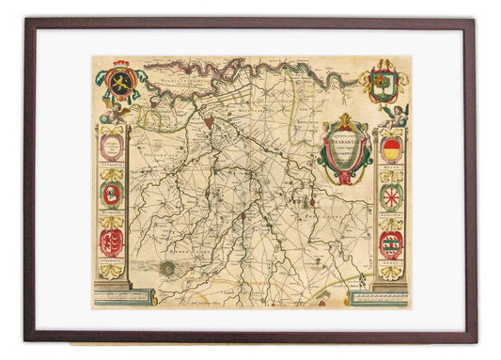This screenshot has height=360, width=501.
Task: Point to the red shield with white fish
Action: pos(111,242)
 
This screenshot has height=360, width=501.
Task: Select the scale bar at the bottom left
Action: pos(122,298)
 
